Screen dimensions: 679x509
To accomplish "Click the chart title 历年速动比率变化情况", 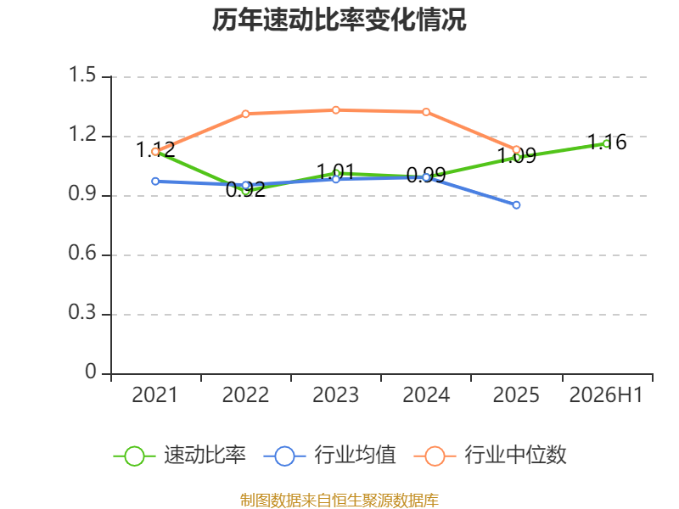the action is pyautogui.click(x=339, y=20).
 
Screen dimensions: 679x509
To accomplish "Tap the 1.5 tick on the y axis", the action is pyautogui.click(x=82, y=75).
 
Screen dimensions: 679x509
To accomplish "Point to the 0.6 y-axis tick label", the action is pyautogui.click(x=82, y=253).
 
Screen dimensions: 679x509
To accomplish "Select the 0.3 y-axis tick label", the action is pyautogui.click(x=82, y=312).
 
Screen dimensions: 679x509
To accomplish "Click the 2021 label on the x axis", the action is pyautogui.click(x=155, y=394).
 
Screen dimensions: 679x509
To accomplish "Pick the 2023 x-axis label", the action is pyautogui.click(x=335, y=394).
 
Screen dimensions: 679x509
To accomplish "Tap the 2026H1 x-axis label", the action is pyautogui.click(x=606, y=394).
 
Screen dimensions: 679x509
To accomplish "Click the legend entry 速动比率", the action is pyautogui.click(x=205, y=456).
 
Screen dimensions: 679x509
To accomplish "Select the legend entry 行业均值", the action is pyautogui.click(x=355, y=456).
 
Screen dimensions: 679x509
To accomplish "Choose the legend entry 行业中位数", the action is pyautogui.click(x=515, y=456).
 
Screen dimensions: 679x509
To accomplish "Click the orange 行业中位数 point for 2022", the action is pyautogui.click(x=245, y=114).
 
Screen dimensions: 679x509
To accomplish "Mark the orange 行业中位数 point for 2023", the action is pyautogui.click(x=335, y=110).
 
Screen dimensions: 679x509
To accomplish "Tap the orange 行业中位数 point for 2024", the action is pyautogui.click(x=426, y=112).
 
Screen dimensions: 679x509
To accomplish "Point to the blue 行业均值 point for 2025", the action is pyautogui.click(x=516, y=205).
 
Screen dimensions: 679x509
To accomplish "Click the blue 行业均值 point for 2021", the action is pyautogui.click(x=155, y=182).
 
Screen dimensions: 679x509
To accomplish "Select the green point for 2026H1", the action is pyautogui.click(x=606, y=143).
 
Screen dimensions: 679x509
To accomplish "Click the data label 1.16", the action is pyautogui.click(x=607, y=142).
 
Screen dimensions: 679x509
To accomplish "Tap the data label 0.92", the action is pyautogui.click(x=245, y=189).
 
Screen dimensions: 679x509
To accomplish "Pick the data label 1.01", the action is pyautogui.click(x=335, y=171).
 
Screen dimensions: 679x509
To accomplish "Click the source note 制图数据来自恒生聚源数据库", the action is pyautogui.click(x=339, y=501).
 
